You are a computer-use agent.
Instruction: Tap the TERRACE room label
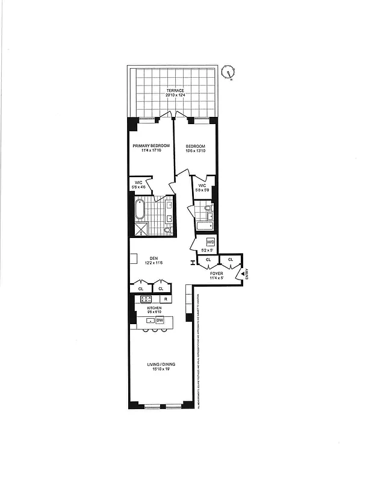click(x=175, y=90)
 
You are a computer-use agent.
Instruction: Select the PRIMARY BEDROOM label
click(x=151, y=146)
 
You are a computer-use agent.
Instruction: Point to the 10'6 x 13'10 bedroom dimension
click(x=196, y=151)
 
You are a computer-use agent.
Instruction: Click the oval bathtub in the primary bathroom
click(x=140, y=210)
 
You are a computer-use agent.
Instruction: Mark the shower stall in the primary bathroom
click(x=143, y=228)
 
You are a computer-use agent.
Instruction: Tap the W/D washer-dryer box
click(x=211, y=242)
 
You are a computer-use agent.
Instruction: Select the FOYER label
click(x=217, y=274)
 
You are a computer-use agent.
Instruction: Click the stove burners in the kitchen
click(x=146, y=299)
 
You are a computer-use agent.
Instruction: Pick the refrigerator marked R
click(x=164, y=299)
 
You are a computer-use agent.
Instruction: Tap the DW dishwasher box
click(x=160, y=320)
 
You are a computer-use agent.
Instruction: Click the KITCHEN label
click(x=155, y=307)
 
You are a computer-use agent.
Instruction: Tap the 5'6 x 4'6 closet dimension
click(x=138, y=187)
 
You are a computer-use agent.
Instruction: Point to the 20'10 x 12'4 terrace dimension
click(x=175, y=95)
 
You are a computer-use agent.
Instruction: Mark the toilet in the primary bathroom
click(x=167, y=230)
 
